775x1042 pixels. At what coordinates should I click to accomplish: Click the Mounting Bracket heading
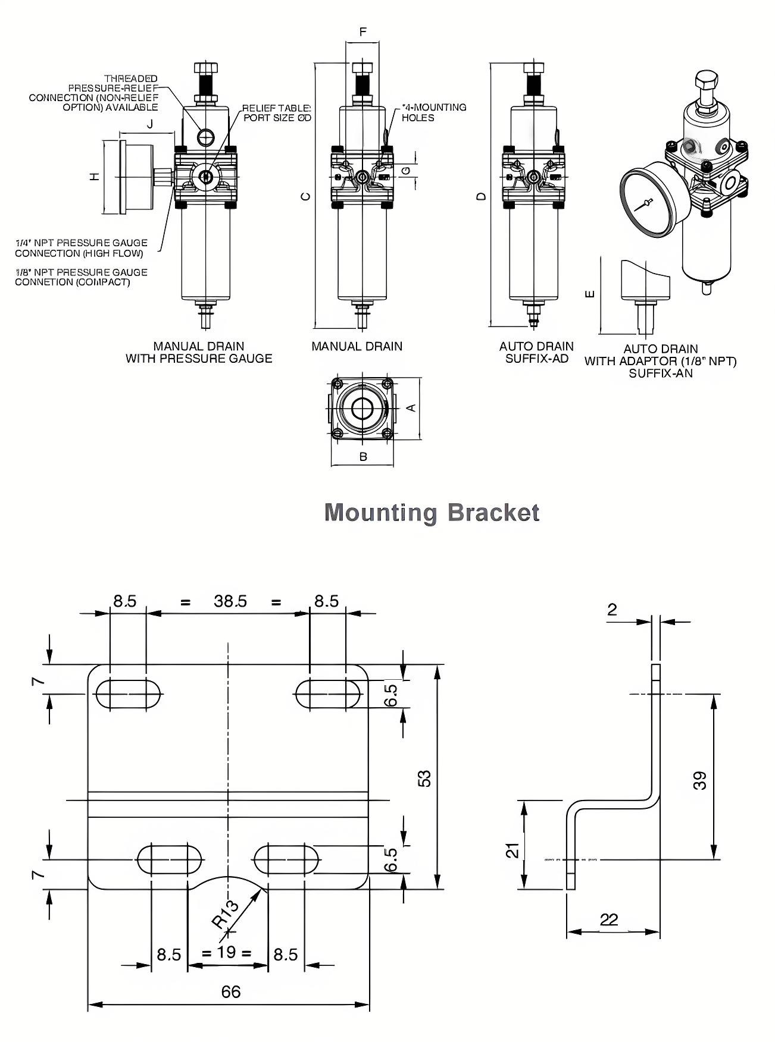pyautogui.click(x=432, y=512)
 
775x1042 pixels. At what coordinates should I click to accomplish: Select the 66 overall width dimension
pyautogui.click(x=230, y=991)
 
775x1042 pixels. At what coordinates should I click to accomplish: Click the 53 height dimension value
pyautogui.click(x=424, y=779)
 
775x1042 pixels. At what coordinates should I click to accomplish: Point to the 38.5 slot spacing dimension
pyautogui.click(x=230, y=601)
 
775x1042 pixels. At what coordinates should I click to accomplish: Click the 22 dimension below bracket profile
pyautogui.click(x=609, y=920)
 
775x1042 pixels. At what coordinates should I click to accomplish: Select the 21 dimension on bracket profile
pyautogui.click(x=512, y=850)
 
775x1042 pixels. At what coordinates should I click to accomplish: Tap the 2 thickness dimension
pyautogui.click(x=612, y=609)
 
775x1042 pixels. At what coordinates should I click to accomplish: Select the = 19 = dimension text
pyautogui.click(x=226, y=952)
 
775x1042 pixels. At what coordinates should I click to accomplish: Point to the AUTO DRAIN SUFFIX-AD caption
pyautogui.click(x=536, y=352)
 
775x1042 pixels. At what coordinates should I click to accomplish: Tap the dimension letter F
pyautogui.click(x=363, y=32)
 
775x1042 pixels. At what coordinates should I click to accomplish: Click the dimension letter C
pyautogui.click(x=305, y=196)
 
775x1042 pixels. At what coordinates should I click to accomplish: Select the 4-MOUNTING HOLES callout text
pyautogui.click(x=434, y=112)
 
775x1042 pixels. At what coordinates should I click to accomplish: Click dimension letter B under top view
pyautogui.click(x=363, y=457)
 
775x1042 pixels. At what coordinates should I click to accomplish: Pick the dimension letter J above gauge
pyautogui.click(x=150, y=124)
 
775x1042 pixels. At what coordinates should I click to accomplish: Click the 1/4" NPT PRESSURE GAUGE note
pyautogui.click(x=81, y=248)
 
